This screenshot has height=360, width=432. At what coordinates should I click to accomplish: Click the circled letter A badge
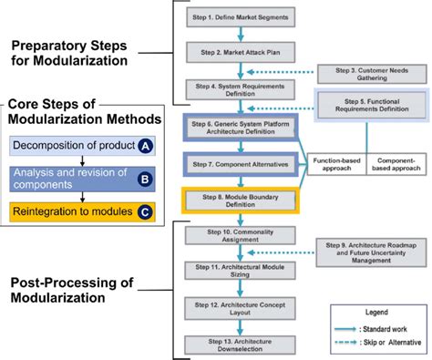pos(143,145)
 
